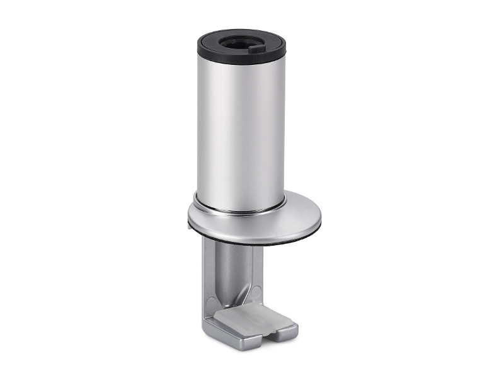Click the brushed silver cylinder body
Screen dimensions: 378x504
tap(239, 126)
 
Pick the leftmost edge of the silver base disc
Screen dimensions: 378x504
tap(188, 217)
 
